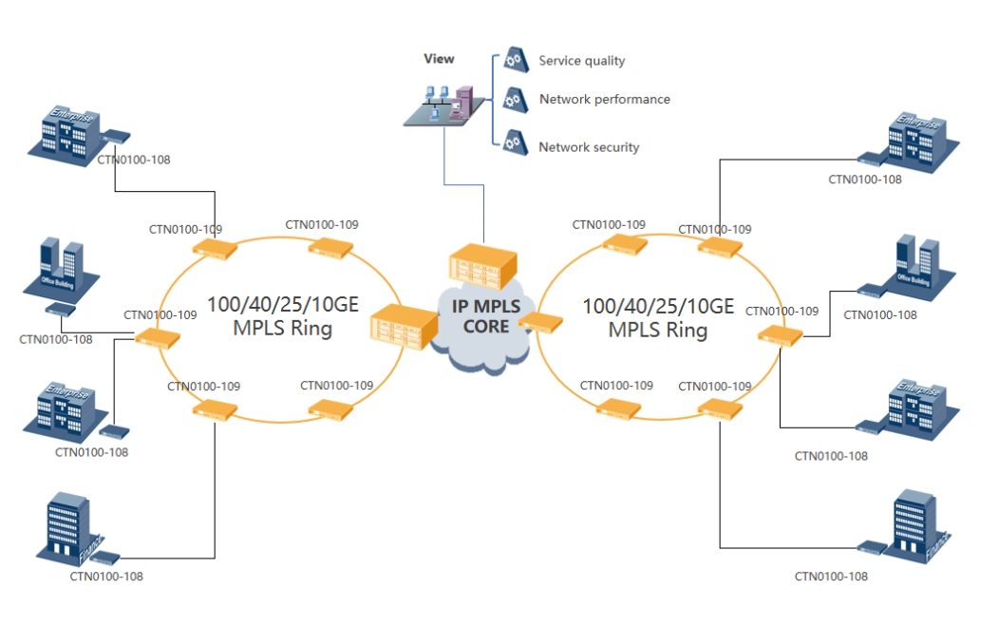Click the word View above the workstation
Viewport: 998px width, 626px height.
pos(439,59)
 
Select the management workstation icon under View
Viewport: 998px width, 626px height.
pos(439,104)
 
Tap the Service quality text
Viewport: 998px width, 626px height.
pos(581,61)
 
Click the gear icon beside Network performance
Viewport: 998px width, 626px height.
pos(514,99)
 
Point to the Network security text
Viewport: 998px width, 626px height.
pos(589,147)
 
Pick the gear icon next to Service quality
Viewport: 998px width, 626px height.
pos(514,60)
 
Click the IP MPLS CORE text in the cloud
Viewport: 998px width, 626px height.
pos(486,317)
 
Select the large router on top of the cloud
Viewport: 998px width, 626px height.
pos(485,265)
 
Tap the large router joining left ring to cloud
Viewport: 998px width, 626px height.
pos(400,327)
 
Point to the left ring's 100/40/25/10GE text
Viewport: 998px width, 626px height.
pos(282,306)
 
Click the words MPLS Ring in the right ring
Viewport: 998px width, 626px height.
pos(658,331)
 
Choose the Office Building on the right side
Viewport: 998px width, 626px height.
pos(917,262)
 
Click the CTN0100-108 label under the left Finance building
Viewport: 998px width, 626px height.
pos(106,576)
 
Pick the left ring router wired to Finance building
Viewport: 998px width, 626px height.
pos(215,410)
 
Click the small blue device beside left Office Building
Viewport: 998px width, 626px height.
pos(60,309)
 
